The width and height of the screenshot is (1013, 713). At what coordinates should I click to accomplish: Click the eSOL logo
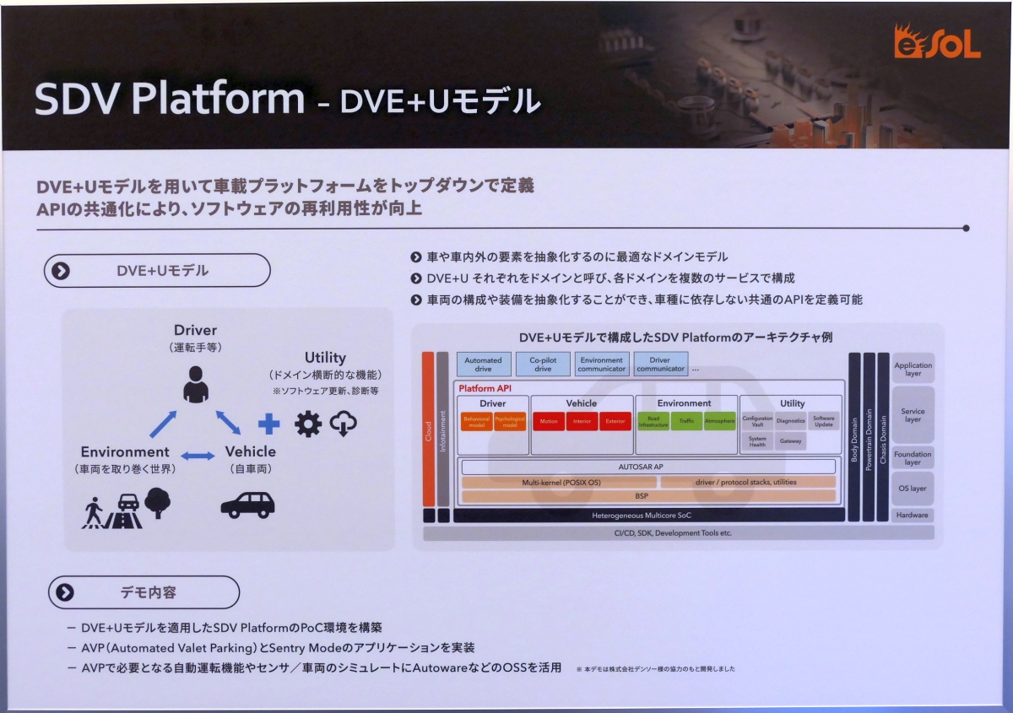pyautogui.click(x=937, y=43)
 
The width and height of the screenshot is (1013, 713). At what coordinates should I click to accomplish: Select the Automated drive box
pyautogui.click(x=484, y=365)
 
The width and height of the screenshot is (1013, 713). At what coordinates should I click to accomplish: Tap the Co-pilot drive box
pyautogui.click(x=543, y=365)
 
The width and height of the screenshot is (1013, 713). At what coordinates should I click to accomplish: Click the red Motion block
pyautogui.click(x=549, y=421)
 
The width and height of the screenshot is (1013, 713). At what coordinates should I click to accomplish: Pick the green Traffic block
pyautogui.click(x=686, y=421)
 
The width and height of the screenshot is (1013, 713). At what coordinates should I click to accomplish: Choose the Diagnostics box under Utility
pyautogui.click(x=790, y=420)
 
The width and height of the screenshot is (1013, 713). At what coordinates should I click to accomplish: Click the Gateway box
pyautogui.click(x=790, y=441)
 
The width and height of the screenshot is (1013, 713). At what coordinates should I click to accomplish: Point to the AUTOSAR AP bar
pyautogui.click(x=648, y=467)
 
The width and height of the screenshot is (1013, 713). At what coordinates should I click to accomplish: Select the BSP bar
pyautogui.click(x=648, y=496)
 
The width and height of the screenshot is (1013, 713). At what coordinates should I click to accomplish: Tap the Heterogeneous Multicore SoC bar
pyautogui.click(x=648, y=515)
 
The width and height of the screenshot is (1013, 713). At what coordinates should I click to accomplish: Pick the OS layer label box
pyautogui.click(x=913, y=489)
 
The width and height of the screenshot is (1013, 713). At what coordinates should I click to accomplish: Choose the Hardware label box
pyautogui.click(x=913, y=515)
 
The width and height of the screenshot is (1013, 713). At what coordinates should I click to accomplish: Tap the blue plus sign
pyautogui.click(x=268, y=424)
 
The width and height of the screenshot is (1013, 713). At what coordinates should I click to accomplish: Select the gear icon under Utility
pyautogui.click(x=307, y=424)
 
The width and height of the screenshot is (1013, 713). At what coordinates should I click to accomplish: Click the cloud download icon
pyautogui.click(x=344, y=423)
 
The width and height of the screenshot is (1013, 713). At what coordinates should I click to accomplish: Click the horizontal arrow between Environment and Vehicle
pyautogui.click(x=198, y=456)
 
